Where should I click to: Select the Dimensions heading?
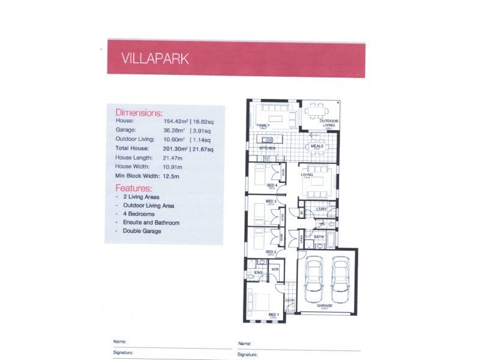click(x=139, y=112)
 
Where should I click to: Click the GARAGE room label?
click(x=325, y=306)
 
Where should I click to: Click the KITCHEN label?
click(x=266, y=148)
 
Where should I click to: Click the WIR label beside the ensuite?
click(x=275, y=270)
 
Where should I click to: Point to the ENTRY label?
click(x=290, y=300)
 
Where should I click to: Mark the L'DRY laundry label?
click(x=321, y=209)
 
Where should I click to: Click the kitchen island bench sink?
click(x=269, y=139)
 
